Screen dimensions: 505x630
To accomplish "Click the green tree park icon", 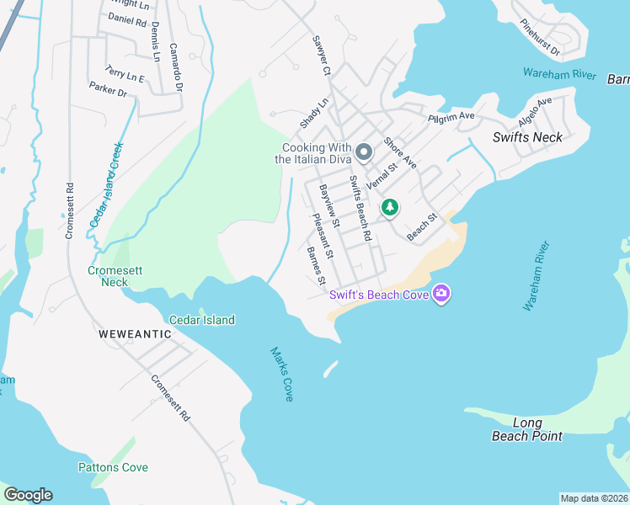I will click(389, 206).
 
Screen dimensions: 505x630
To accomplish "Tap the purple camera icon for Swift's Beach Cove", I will click(440, 294).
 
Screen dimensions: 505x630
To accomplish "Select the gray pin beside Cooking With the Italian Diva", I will click(364, 152).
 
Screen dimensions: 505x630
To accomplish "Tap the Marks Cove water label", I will click(282, 374).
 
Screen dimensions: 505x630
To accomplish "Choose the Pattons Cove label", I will click(113, 467).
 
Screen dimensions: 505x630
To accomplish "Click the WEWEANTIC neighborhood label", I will click(135, 334).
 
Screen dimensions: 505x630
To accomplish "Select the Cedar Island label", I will click(202, 320).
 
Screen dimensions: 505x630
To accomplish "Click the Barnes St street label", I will click(316, 266).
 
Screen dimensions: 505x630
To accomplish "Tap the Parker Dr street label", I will click(108, 88).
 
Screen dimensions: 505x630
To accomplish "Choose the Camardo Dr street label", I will click(176, 68).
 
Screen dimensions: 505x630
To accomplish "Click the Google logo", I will click(28, 495).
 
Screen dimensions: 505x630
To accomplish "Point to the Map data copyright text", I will click(594, 498).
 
